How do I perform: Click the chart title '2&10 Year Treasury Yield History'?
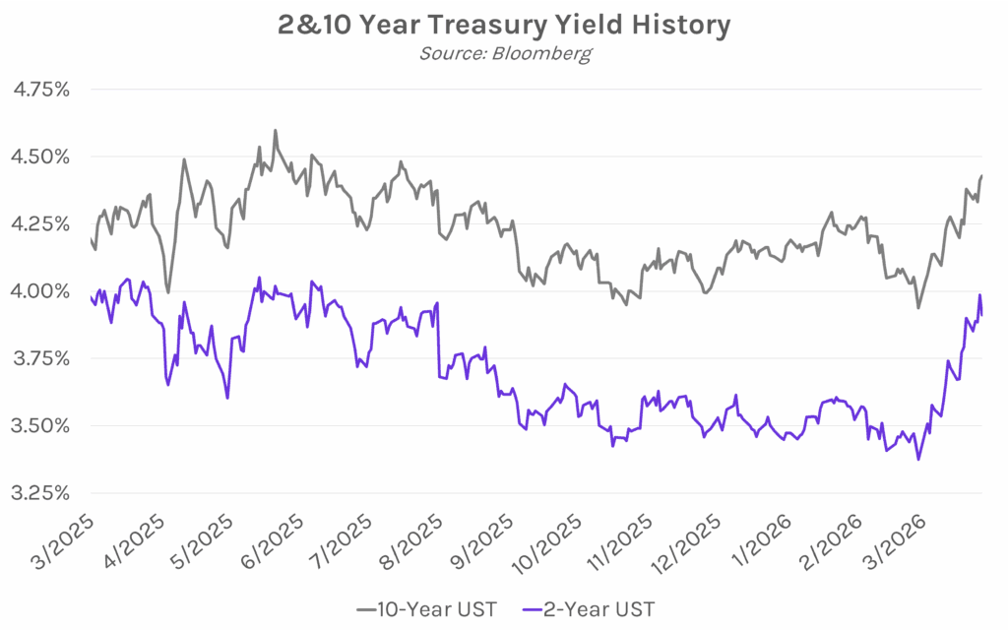click(x=504, y=26)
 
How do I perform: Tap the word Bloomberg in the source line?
click(x=547, y=53)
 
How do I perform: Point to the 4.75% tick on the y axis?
click(x=41, y=90)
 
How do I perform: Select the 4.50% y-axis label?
click(x=41, y=157)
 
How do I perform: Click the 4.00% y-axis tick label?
click(x=41, y=291)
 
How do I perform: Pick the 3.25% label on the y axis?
click(x=41, y=492)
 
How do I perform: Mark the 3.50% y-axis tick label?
click(x=41, y=425)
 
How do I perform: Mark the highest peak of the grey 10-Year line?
click(x=275, y=130)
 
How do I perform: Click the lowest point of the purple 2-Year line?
click(x=918, y=459)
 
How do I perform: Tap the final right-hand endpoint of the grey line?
click(x=981, y=176)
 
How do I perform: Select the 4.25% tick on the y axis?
click(x=41, y=223)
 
